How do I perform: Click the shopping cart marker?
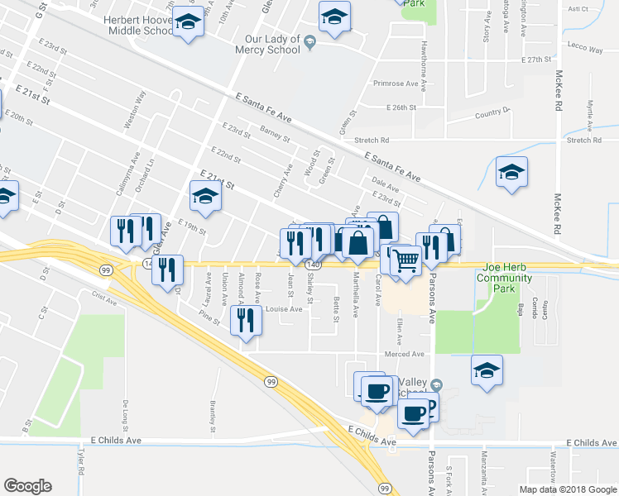[405, 260]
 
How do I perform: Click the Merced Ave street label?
[405, 354]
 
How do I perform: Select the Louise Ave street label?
[283, 308]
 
